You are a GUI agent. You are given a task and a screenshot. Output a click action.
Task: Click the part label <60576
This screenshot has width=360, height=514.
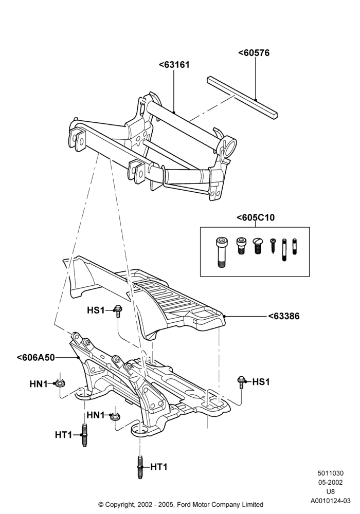coord(254,53)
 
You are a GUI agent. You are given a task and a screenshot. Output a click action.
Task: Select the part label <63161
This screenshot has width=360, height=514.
coord(174,65)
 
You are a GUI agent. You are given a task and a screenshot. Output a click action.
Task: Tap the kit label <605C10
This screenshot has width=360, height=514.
coord(256,217)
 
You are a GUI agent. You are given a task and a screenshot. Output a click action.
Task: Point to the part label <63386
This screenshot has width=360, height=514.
coord(284,316)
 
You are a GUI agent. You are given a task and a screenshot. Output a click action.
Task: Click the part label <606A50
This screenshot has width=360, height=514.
coord(35,357)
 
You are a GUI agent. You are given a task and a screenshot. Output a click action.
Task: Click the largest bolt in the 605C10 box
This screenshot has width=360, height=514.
coord(221,252)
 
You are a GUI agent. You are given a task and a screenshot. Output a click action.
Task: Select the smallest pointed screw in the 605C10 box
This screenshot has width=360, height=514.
coord(273,246)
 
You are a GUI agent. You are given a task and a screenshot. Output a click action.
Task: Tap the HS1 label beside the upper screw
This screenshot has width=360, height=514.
coord(96,310)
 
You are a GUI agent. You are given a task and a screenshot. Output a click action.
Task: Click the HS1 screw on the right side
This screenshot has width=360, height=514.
coord(241,382)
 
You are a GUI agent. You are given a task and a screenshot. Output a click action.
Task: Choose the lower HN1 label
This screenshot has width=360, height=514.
coord(96,415)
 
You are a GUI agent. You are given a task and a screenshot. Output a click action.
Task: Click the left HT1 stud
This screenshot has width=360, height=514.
coord(84,435)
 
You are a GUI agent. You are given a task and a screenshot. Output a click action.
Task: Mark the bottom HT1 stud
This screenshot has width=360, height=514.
coord(140,467)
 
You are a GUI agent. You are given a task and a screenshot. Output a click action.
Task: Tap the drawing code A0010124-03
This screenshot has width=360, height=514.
coord(330,501)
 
